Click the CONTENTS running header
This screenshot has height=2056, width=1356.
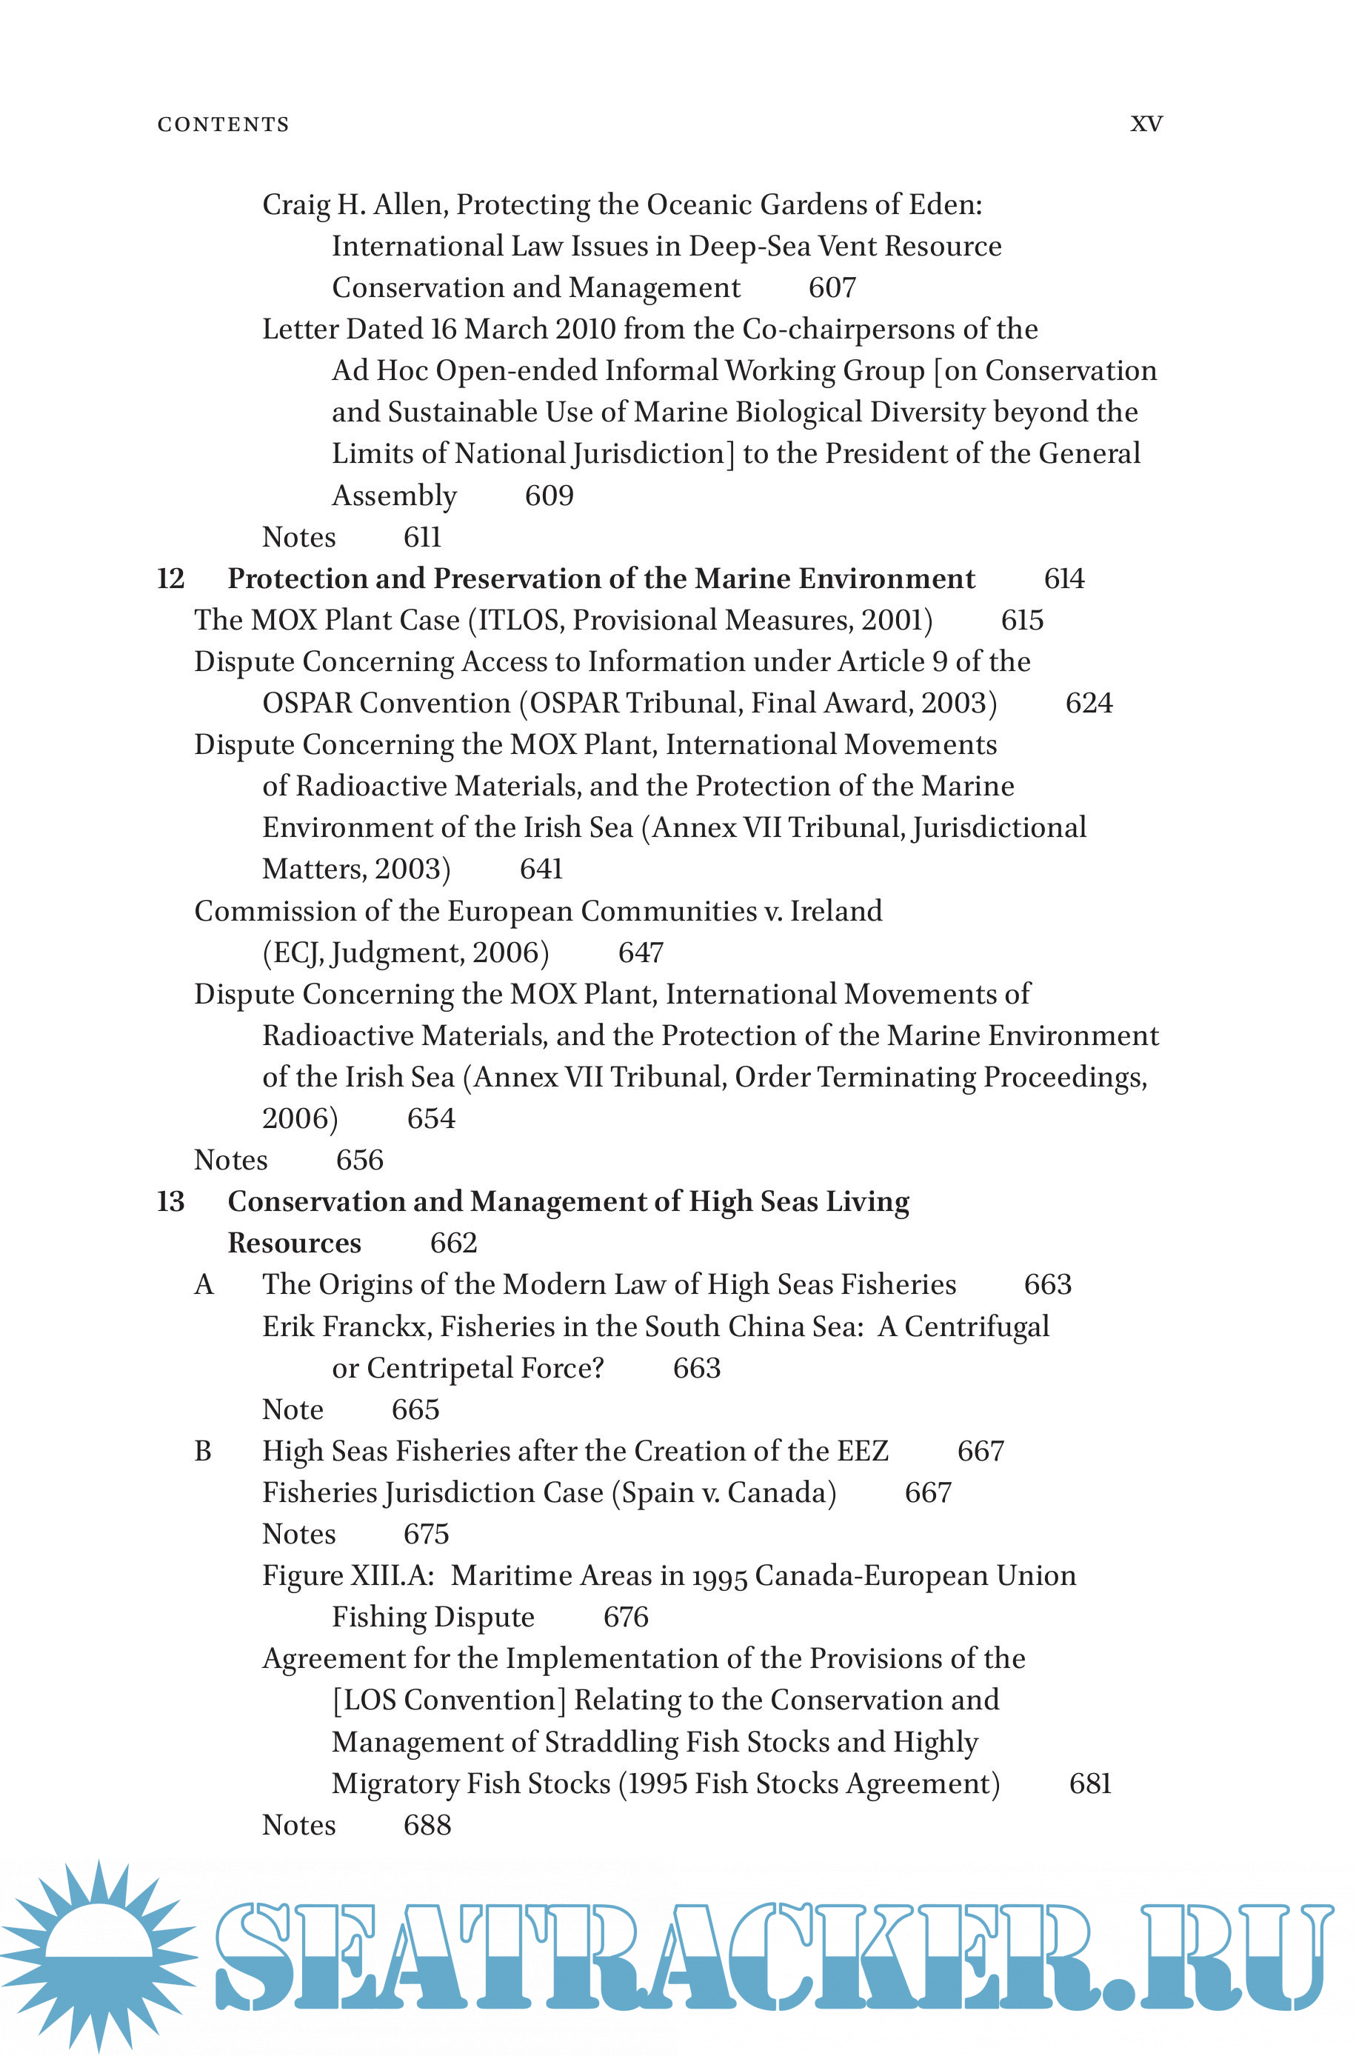(223, 124)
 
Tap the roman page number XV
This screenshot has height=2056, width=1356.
(1146, 124)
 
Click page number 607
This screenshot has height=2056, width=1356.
(832, 288)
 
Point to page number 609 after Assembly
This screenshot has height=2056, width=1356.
(550, 495)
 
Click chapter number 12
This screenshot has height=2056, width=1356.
(171, 578)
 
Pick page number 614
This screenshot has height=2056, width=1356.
(1063, 578)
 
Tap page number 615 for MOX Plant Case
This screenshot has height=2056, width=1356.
(1022, 620)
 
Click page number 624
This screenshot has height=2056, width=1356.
(1089, 703)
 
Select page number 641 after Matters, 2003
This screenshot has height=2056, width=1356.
(541, 869)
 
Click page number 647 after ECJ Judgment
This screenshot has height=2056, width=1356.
(641, 952)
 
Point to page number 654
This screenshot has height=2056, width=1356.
(431, 1119)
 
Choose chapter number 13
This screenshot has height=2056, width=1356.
(171, 1202)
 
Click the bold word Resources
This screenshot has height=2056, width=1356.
(294, 1244)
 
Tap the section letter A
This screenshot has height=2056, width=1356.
(204, 1285)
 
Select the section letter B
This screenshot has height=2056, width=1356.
(203, 1451)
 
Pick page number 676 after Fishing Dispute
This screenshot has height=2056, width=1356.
(625, 1617)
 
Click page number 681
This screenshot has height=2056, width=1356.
(1089, 1783)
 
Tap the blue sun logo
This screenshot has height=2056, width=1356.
(99, 1956)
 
